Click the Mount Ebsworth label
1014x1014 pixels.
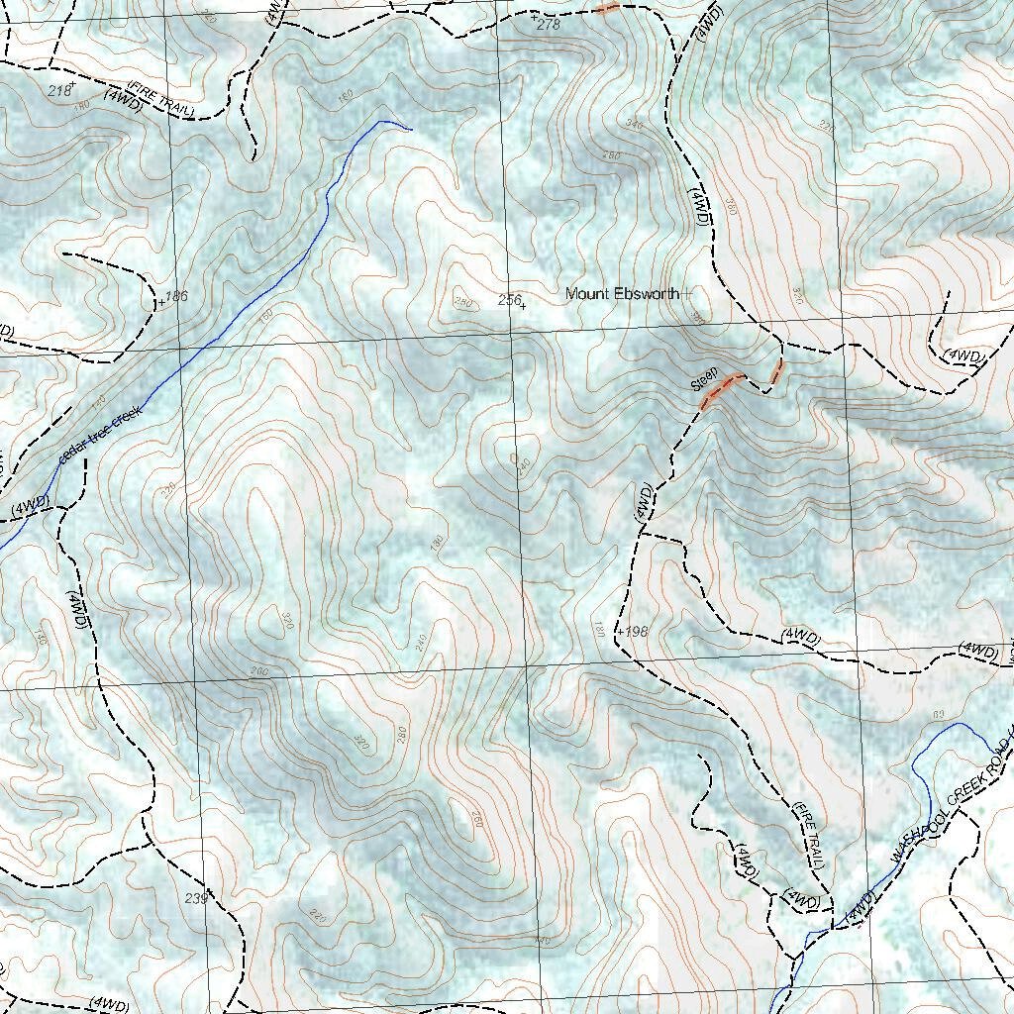tap(622, 294)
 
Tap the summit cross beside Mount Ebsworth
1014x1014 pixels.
tap(687, 294)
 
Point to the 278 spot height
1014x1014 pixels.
tap(548, 24)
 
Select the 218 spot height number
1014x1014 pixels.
tap(59, 90)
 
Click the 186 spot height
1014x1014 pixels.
tap(175, 296)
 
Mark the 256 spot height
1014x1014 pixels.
tap(509, 299)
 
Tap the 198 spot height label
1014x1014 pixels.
tap(634, 631)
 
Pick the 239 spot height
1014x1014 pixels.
tap(196, 898)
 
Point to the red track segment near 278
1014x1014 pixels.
tap(607, 8)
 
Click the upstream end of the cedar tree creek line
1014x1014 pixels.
tap(409, 128)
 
